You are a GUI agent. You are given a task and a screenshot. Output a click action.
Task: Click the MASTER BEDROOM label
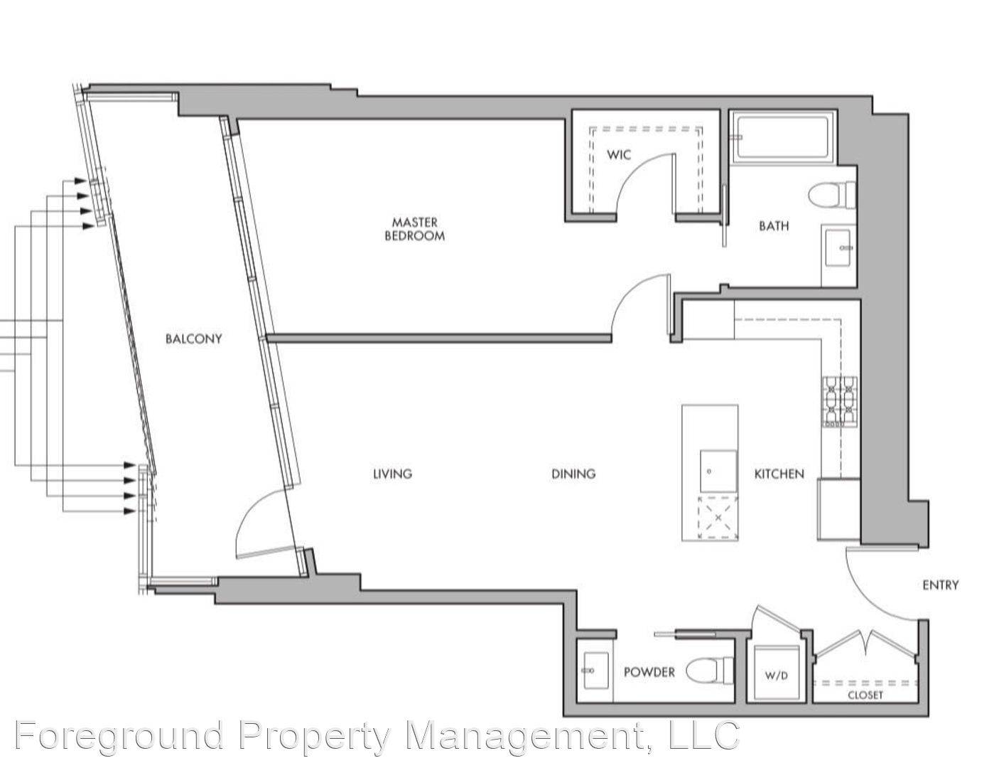point(414,229)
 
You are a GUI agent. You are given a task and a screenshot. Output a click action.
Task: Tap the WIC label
point(618,154)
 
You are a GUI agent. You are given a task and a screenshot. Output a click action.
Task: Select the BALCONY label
point(193,338)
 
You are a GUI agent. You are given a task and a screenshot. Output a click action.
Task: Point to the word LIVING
point(392,474)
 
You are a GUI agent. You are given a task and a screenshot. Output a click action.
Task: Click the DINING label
point(573,474)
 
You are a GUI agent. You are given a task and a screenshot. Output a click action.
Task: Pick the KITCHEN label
point(779,474)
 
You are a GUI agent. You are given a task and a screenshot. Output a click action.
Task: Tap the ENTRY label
point(940,585)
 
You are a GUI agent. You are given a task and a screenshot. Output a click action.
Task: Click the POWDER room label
point(649,672)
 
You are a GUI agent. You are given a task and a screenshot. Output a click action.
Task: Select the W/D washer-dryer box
point(777,673)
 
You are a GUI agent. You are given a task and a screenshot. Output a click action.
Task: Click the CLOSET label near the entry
point(865,695)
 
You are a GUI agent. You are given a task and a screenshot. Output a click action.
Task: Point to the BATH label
point(773,226)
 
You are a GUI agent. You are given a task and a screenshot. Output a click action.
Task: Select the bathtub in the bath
point(785,137)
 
